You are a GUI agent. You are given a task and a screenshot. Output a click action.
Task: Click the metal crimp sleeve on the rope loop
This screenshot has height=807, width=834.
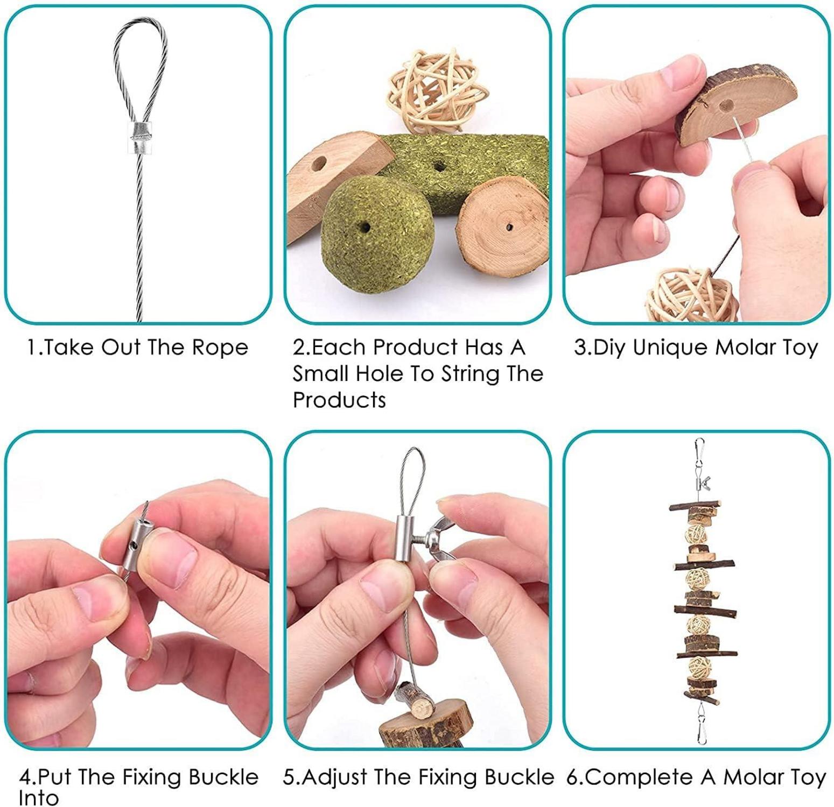click(x=139, y=138)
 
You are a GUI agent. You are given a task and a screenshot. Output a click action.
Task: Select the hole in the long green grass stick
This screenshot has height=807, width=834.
click(x=440, y=167)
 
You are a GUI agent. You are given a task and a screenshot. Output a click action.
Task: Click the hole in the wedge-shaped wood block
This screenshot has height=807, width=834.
click(x=320, y=162)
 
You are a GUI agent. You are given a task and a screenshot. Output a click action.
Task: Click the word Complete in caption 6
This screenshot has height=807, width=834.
click(x=640, y=778)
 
